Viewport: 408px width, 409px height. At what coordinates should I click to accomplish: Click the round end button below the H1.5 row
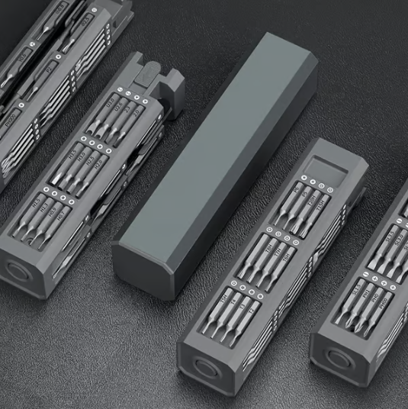click(x=15, y=271)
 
